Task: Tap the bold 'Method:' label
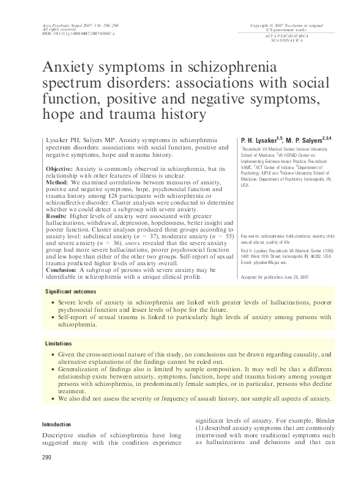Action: pos(58,182)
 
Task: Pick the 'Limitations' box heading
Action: pos(59,344)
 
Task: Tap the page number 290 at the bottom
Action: pos(46,457)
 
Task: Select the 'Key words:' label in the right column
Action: pos(250,236)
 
